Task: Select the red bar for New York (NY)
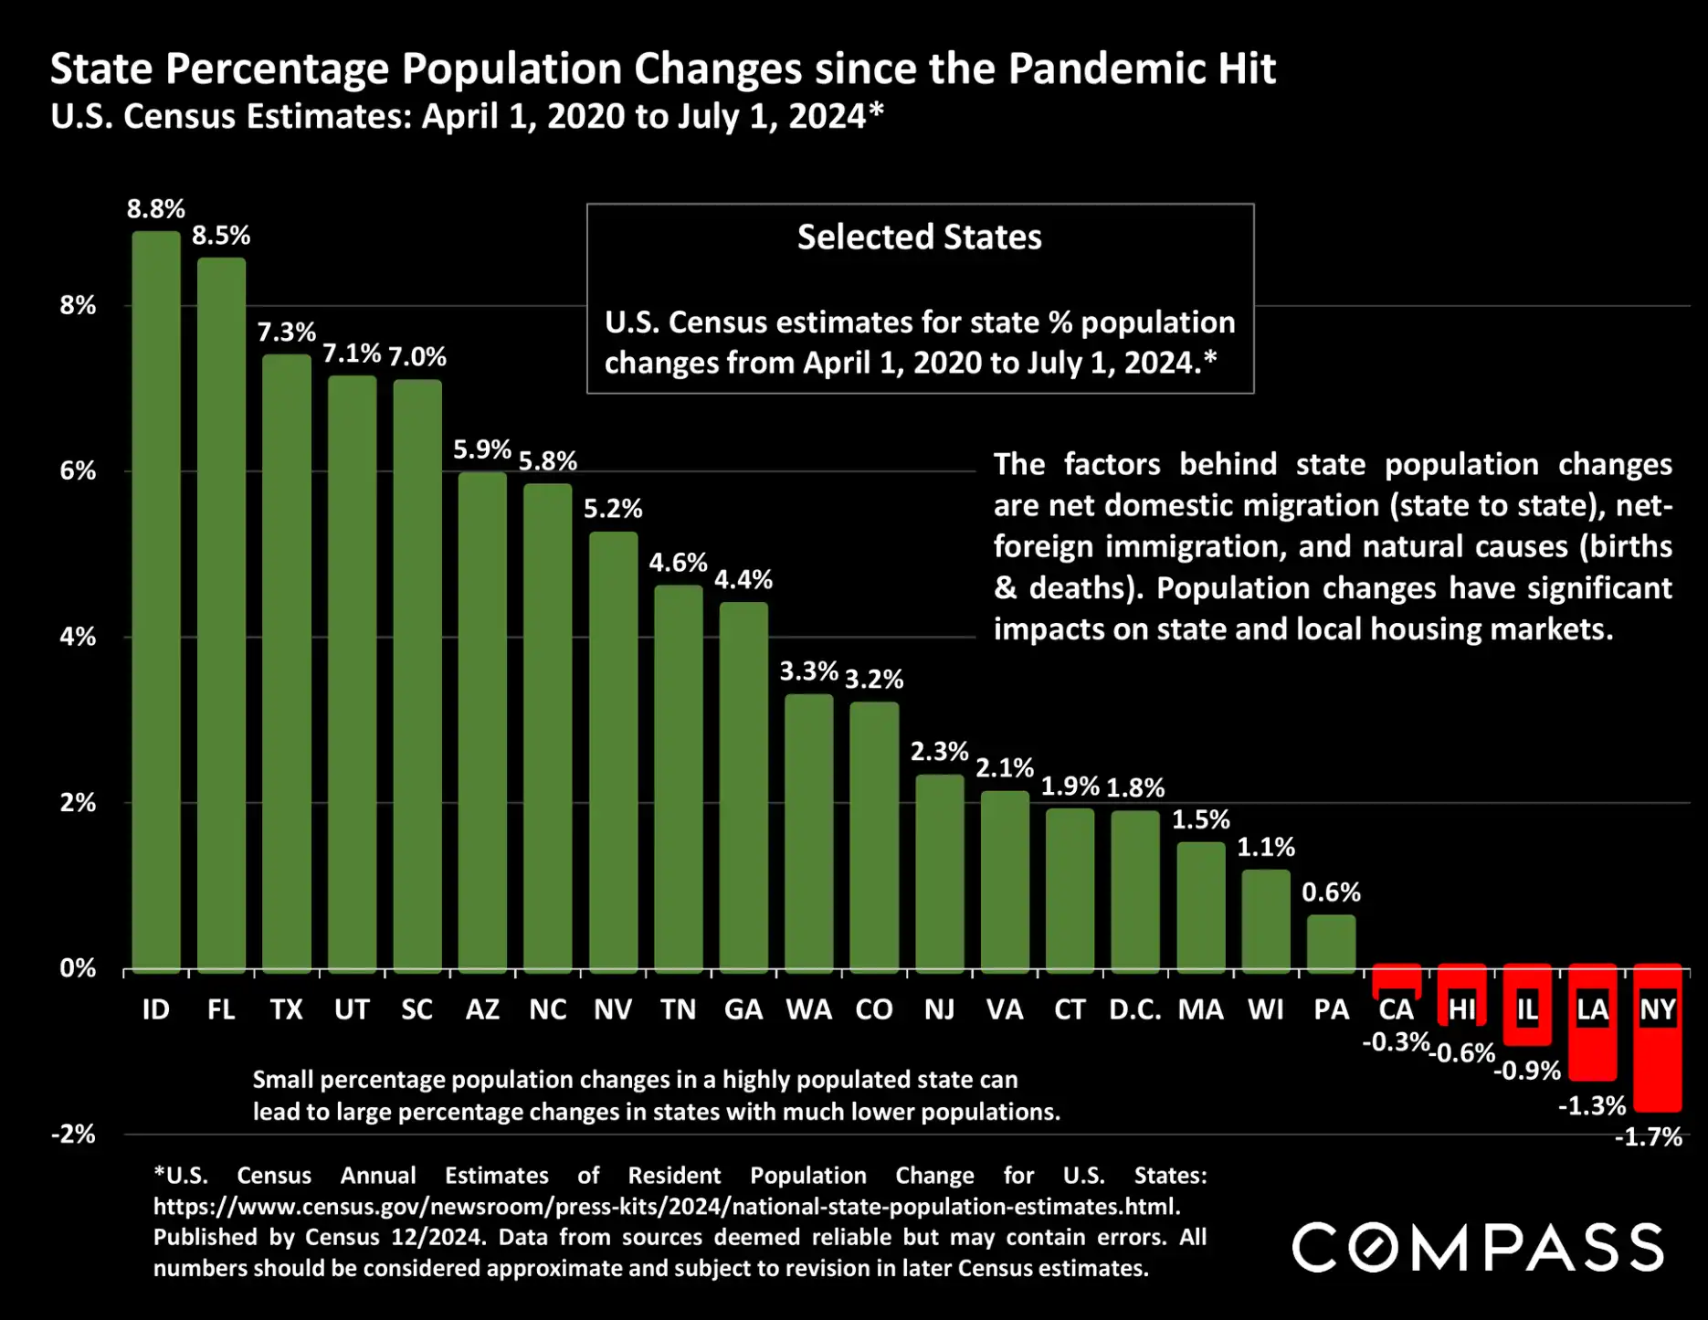click(x=1657, y=1069)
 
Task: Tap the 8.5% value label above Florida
click(x=221, y=236)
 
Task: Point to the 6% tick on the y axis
click(x=78, y=471)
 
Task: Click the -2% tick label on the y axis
click(x=74, y=1135)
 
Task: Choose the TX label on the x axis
click(x=286, y=1009)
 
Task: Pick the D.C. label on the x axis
click(x=1134, y=1009)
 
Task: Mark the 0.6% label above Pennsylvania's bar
click(x=1331, y=892)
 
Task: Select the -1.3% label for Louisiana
click(x=1591, y=1106)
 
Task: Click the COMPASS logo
click(x=1478, y=1248)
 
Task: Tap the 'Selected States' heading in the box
click(x=919, y=238)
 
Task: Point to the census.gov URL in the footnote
click(x=667, y=1207)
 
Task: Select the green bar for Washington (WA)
click(x=808, y=832)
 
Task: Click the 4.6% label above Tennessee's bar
click(x=678, y=563)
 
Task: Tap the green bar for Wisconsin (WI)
click(x=1265, y=920)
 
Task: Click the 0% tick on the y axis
click(x=78, y=968)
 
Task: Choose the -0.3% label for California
click(x=1395, y=1042)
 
